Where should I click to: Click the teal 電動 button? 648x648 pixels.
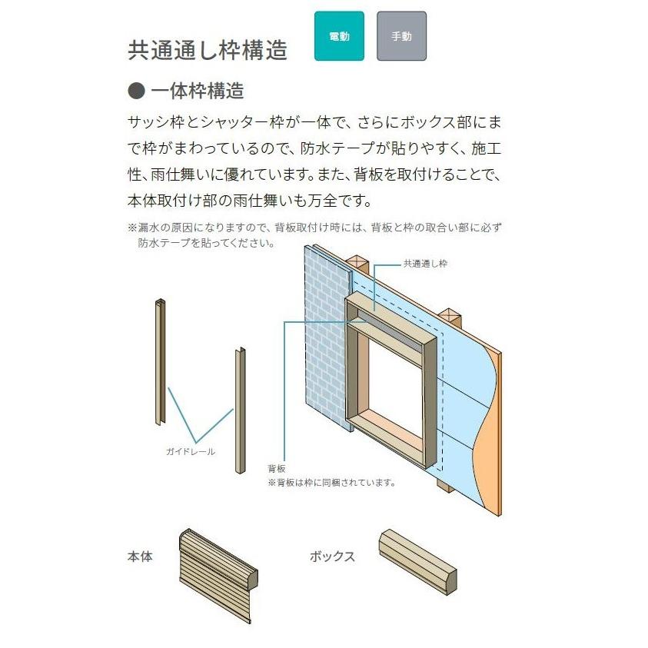point(339,36)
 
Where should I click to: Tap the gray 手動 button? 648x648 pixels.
point(401,36)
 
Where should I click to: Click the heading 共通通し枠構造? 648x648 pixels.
point(208,50)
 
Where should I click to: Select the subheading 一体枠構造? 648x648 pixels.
point(198,91)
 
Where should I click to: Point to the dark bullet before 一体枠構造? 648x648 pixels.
point(136,91)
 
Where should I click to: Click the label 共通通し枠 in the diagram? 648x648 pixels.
point(425,264)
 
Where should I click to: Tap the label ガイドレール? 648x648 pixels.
point(190,451)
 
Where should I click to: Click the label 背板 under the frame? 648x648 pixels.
point(277,468)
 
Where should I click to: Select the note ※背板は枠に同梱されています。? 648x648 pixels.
point(331,483)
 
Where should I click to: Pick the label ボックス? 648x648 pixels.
point(332,556)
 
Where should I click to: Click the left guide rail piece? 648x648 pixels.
point(160,361)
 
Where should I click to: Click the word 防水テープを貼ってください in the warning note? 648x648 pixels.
point(206,244)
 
